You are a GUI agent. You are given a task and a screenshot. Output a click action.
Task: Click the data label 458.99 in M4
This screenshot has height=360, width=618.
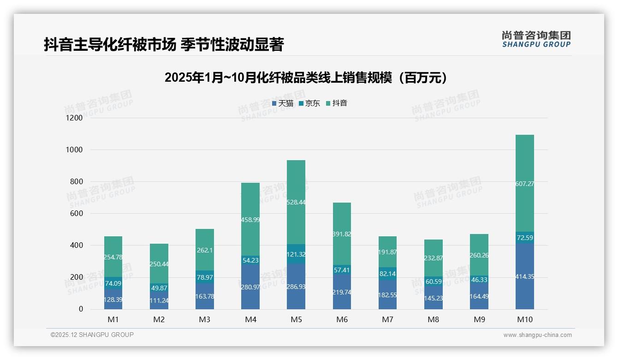250,220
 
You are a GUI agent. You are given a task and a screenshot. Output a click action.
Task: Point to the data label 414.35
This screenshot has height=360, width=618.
525,277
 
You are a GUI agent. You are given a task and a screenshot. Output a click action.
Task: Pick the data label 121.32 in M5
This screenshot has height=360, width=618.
296,254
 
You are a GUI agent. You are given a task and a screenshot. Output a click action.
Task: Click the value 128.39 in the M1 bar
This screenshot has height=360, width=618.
113,300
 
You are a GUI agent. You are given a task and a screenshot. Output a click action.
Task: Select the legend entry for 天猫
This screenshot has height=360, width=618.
283,103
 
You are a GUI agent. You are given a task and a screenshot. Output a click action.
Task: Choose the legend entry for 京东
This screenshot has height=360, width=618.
309,103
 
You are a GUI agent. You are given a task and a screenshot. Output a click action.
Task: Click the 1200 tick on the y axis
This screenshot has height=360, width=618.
74,118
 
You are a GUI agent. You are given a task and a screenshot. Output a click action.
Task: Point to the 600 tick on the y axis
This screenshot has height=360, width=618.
76,214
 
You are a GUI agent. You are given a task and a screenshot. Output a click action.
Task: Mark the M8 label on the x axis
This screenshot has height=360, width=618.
434,320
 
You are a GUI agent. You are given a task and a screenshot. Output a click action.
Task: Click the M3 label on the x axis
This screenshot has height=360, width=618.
205,320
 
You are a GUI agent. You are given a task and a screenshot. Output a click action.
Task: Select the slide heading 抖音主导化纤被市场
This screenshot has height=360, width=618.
163,45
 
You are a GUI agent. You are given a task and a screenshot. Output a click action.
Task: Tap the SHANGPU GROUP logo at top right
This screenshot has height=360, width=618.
536,39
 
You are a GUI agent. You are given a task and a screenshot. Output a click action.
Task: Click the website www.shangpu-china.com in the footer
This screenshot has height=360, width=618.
537,335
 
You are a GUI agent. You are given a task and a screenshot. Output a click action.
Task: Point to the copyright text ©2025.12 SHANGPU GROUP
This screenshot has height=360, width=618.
92,335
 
